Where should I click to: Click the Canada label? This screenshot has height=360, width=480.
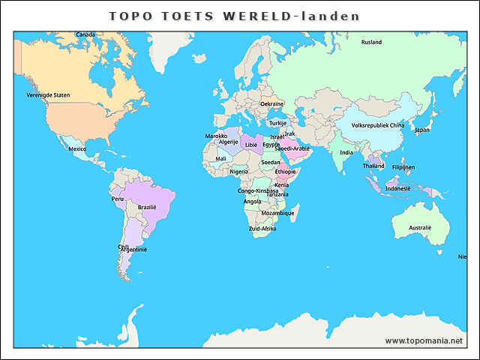tap(85, 34)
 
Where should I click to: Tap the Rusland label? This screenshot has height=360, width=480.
tap(371, 42)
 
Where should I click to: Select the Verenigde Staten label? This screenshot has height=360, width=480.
tap(48, 95)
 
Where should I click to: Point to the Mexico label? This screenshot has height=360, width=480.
tap(77, 148)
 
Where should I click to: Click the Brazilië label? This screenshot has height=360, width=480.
tap(147, 207)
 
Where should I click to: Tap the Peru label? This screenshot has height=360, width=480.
tap(117, 199)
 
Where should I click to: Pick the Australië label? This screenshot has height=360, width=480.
tap(420, 227)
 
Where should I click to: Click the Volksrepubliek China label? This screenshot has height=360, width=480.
tap(378, 125)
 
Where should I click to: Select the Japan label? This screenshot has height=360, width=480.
tap(422, 130)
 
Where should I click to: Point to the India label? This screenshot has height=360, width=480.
tap(346, 152)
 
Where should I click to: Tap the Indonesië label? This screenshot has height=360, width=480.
tap(397, 188)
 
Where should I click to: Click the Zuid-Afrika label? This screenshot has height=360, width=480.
tap(262, 228)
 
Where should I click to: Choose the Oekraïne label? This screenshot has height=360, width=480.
tap(271, 103)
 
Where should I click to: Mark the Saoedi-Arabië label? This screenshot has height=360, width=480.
tap(292, 148)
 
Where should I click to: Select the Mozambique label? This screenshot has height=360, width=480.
tap(277, 213)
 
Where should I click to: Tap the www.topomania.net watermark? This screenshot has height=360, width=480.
tap(424, 340)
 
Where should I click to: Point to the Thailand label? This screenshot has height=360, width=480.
tap(373, 166)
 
